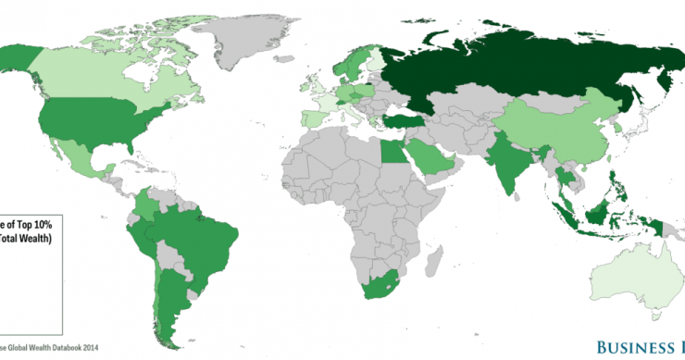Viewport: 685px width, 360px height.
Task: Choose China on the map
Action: pyautogui.click(x=546, y=130)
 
